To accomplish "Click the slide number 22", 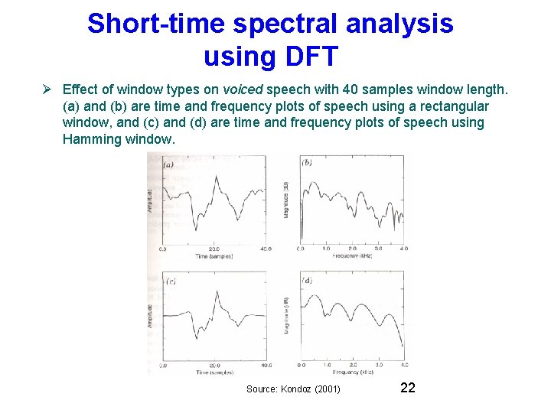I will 408,389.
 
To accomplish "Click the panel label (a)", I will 168,164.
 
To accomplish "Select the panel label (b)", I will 307,163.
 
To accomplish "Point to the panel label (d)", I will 308,281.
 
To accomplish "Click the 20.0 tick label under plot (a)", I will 214,249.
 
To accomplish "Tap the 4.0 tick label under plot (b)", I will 403,249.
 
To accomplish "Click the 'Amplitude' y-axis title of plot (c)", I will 150,314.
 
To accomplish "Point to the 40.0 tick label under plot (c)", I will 264,366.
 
